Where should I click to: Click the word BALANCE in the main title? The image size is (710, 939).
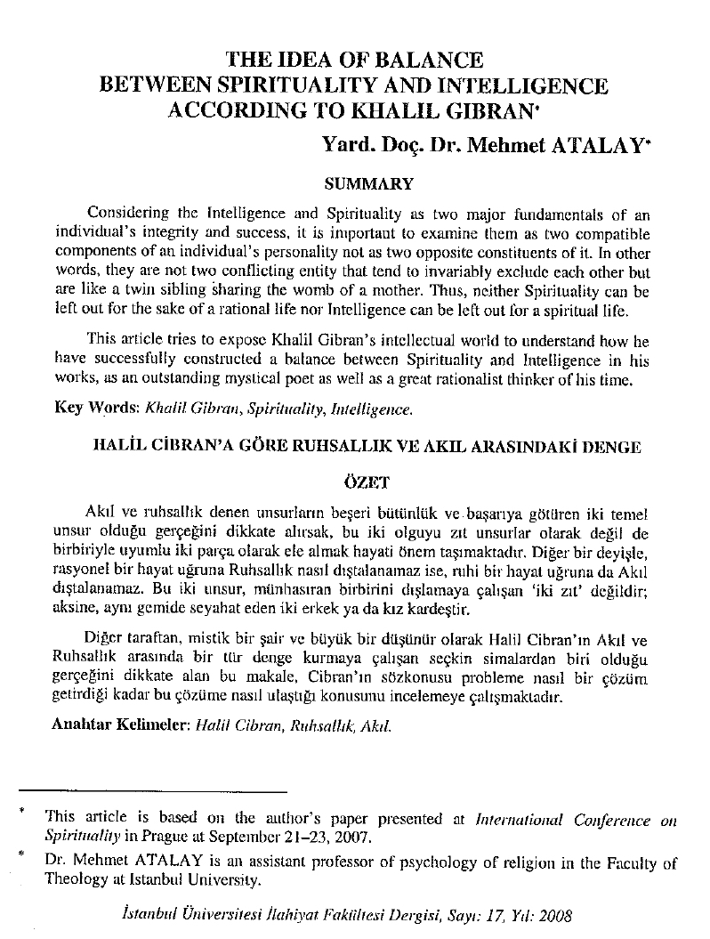point(423,61)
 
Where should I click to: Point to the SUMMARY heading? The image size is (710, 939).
point(368,184)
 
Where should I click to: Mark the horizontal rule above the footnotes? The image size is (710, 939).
point(152,790)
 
